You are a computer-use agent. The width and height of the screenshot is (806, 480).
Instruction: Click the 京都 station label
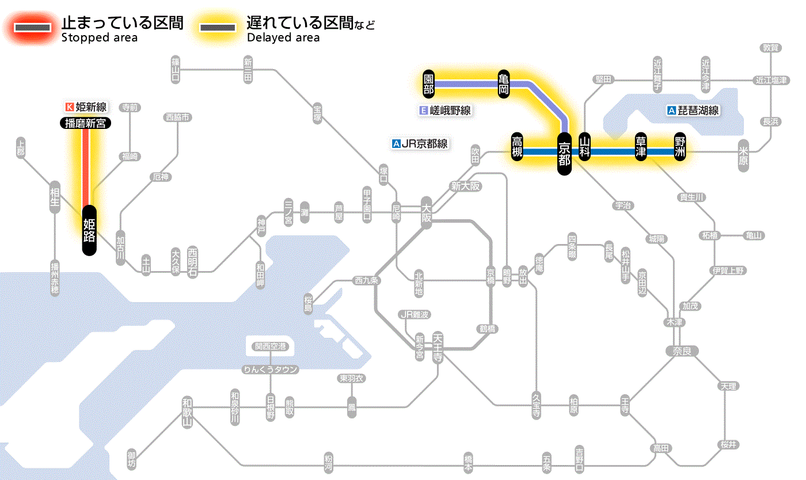(x=564, y=153)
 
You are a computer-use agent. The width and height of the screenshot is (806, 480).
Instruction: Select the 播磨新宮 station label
(x=85, y=123)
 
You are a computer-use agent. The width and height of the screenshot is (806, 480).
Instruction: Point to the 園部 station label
(x=428, y=84)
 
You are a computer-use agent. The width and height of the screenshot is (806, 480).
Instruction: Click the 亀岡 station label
(x=504, y=84)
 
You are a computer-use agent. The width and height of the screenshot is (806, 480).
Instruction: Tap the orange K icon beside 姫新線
(x=70, y=106)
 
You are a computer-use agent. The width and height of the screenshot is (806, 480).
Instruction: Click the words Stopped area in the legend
(x=99, y=38)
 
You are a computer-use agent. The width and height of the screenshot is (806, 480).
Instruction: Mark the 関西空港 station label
(x=273, y=346)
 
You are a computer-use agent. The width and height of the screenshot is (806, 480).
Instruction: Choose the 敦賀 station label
(x=771, y=48)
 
